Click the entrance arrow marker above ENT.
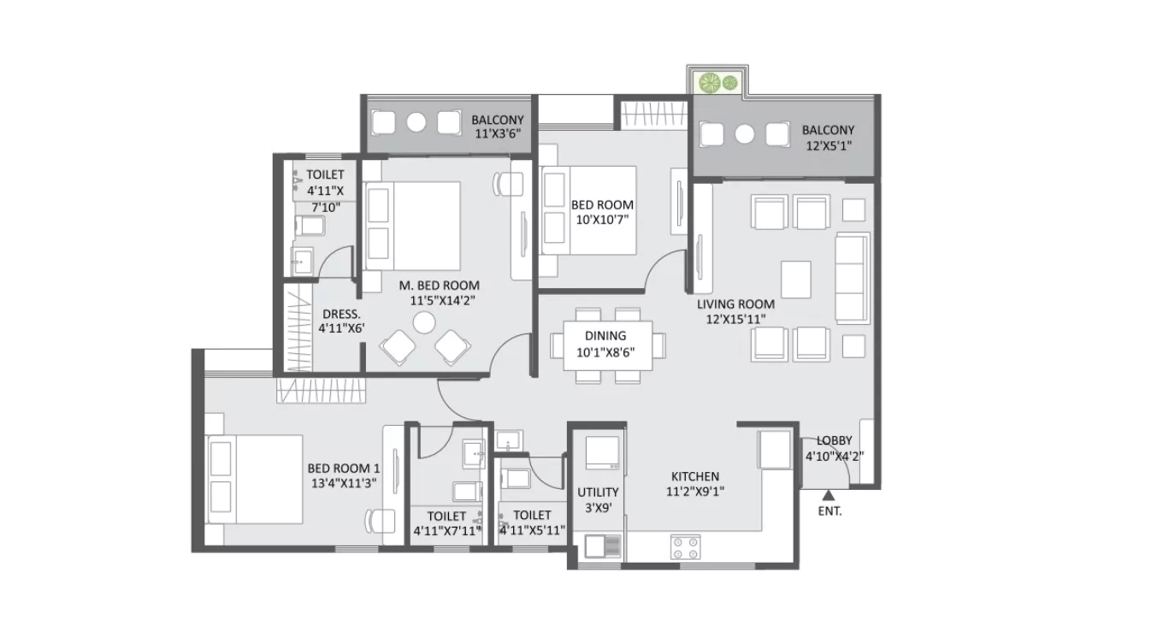click(x=827, y=494)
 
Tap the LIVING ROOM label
click(x=735, y=304)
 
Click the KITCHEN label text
click(x=694, y=476)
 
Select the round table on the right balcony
click(x=745, y=134)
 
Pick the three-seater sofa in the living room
click(x=850, y=277)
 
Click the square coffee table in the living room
click(x=795, y=278)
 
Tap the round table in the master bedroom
click(x=423, y=322)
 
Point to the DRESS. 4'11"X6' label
click(x=341, y=321)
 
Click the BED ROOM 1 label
click(x=343, y=469)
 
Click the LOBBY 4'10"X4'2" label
click(x=834, y=448)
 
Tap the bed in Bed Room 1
click(x=255, y=479)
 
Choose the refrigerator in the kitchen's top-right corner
click(x=776, y=450)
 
